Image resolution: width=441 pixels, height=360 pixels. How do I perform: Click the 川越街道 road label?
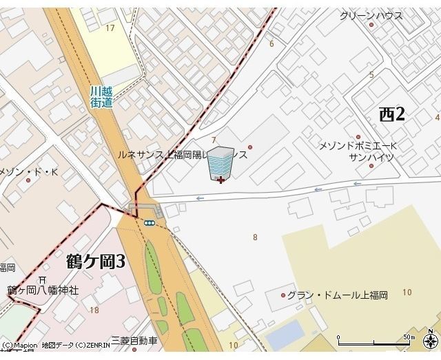[x=101, y=96]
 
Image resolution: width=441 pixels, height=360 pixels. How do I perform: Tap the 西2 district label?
[x=392, y=115]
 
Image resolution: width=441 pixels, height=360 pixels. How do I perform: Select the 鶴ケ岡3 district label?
[x=96, y=262]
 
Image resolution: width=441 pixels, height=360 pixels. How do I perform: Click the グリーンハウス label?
[x=371, y=15]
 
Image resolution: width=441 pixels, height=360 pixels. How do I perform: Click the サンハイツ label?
[x=371, y=157]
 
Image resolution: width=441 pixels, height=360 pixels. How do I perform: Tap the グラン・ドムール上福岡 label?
[x=337, y=295]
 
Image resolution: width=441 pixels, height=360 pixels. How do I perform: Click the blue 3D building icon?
[x=221, y=164]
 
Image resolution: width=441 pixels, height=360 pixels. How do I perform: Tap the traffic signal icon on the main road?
[x=149, y=222]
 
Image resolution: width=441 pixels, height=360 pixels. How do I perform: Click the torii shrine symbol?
[x=43, y=279]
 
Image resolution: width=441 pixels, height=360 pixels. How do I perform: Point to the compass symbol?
[x=431, y=341]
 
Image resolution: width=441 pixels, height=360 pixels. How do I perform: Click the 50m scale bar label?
[x=409, y=337]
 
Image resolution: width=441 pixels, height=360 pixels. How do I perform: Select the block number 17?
[x=110, y=28]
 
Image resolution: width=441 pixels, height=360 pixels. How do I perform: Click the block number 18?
[x=94, y=310]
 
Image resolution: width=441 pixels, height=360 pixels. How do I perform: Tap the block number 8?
[x=255, y=237]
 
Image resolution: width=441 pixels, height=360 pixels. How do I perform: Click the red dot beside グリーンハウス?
[x=371, y=25]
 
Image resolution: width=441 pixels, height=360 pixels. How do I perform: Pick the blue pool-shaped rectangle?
[x=285, y=334]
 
